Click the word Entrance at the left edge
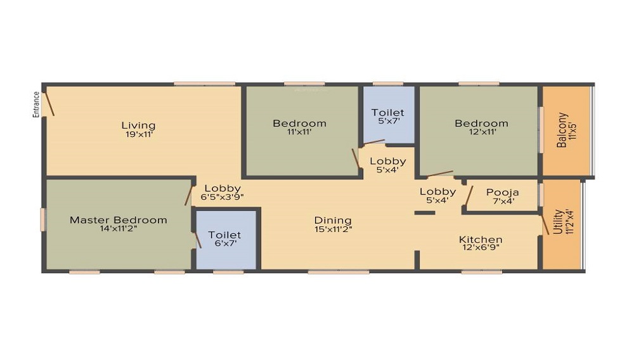[x=36, y=105]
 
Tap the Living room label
[x=138, y=125]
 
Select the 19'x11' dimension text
[x=138, y=134]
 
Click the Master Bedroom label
[x=119, y=220]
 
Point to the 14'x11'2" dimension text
[x=119, y=229]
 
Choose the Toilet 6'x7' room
[x=224, y=239]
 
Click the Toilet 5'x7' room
[x=388, y=117]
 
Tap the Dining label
[x=333, y=220]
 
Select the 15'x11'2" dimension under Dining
[x=333, y=229]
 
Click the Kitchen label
[x=481, y=240]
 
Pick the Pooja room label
[x=503, y=192]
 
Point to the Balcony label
[x=562, y=130]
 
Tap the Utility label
[x=558, y=222]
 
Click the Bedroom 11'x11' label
[x=299, y=123]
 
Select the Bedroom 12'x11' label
[x=481, y=123]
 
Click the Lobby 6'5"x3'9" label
[x=223, y=188]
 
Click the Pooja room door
[x=469, y=197]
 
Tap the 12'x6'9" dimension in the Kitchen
[x=481, y=248]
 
